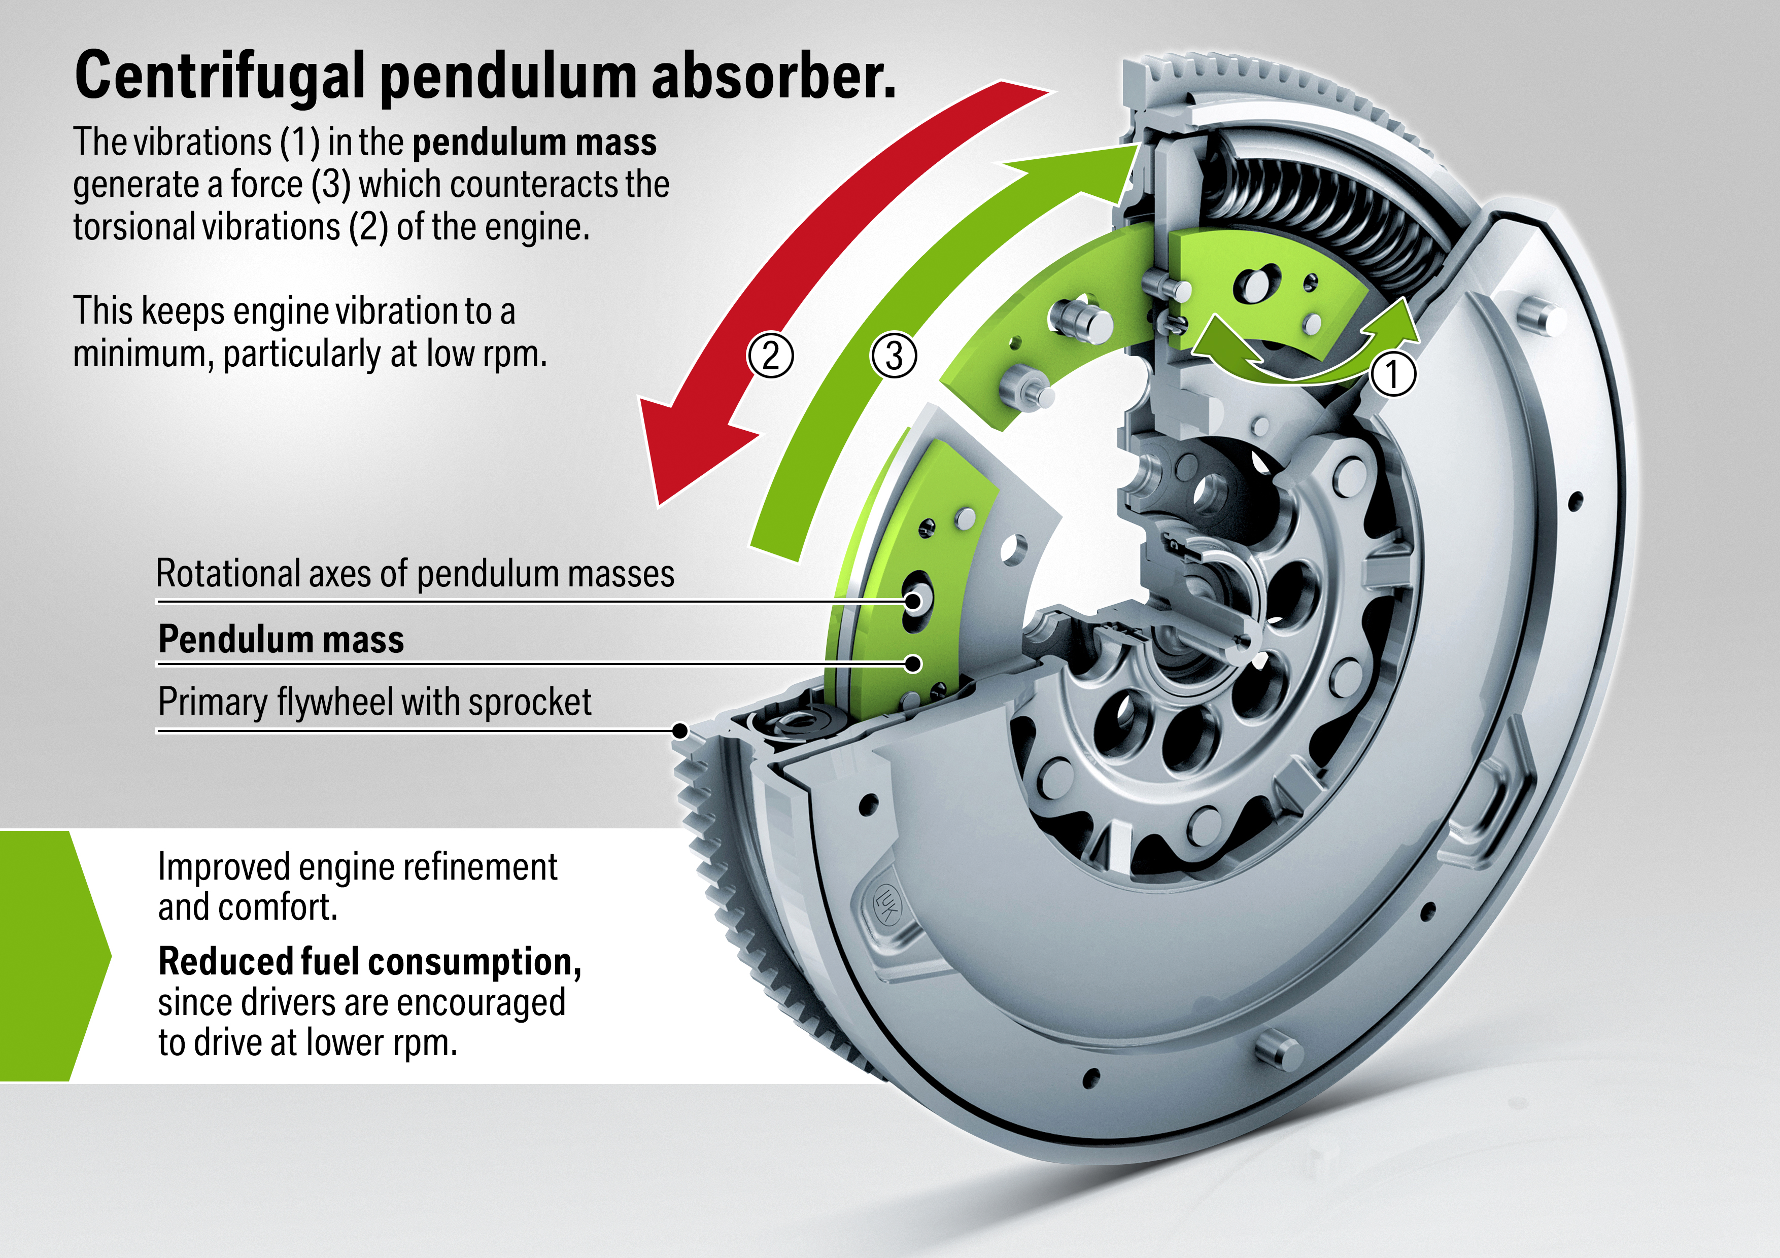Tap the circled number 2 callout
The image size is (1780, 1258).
coord(770,355)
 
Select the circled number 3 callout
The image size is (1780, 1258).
coord(894,355)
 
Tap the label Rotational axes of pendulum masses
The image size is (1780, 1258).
coord(415,574)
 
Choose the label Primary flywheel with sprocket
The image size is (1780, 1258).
coord(374,702)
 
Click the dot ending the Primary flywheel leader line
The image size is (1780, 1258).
coord(680,730)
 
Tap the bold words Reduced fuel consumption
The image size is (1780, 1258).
coord(369,962)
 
